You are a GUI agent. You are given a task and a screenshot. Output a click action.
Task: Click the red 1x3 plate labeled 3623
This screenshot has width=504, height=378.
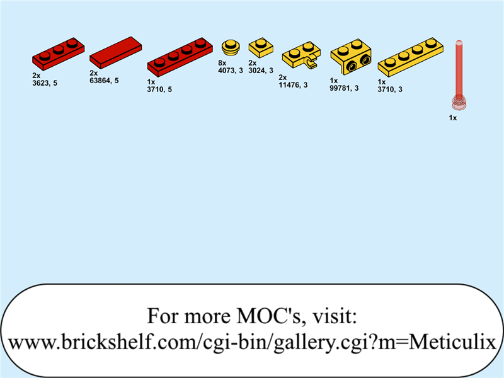58,54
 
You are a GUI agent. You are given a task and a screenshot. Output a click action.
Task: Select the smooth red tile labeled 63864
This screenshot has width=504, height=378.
116,52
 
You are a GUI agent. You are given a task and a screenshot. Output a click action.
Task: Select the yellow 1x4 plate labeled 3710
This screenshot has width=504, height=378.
411,56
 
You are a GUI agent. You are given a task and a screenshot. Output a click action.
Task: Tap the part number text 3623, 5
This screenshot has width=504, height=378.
45,83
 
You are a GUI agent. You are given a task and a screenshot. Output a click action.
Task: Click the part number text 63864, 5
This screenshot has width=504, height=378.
104,81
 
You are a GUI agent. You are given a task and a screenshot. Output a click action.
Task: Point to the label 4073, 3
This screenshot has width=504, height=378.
230,71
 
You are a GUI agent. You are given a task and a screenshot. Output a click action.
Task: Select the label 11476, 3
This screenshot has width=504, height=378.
293,85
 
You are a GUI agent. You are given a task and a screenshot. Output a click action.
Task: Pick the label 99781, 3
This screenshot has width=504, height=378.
344,88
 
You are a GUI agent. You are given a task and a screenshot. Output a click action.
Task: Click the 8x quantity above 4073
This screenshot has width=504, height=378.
222,63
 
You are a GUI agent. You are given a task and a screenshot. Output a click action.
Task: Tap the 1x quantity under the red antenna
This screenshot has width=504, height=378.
452,118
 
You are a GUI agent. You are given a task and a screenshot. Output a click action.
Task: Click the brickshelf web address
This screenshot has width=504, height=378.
252,342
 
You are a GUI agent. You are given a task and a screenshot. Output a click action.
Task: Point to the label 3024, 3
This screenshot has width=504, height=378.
261,71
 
